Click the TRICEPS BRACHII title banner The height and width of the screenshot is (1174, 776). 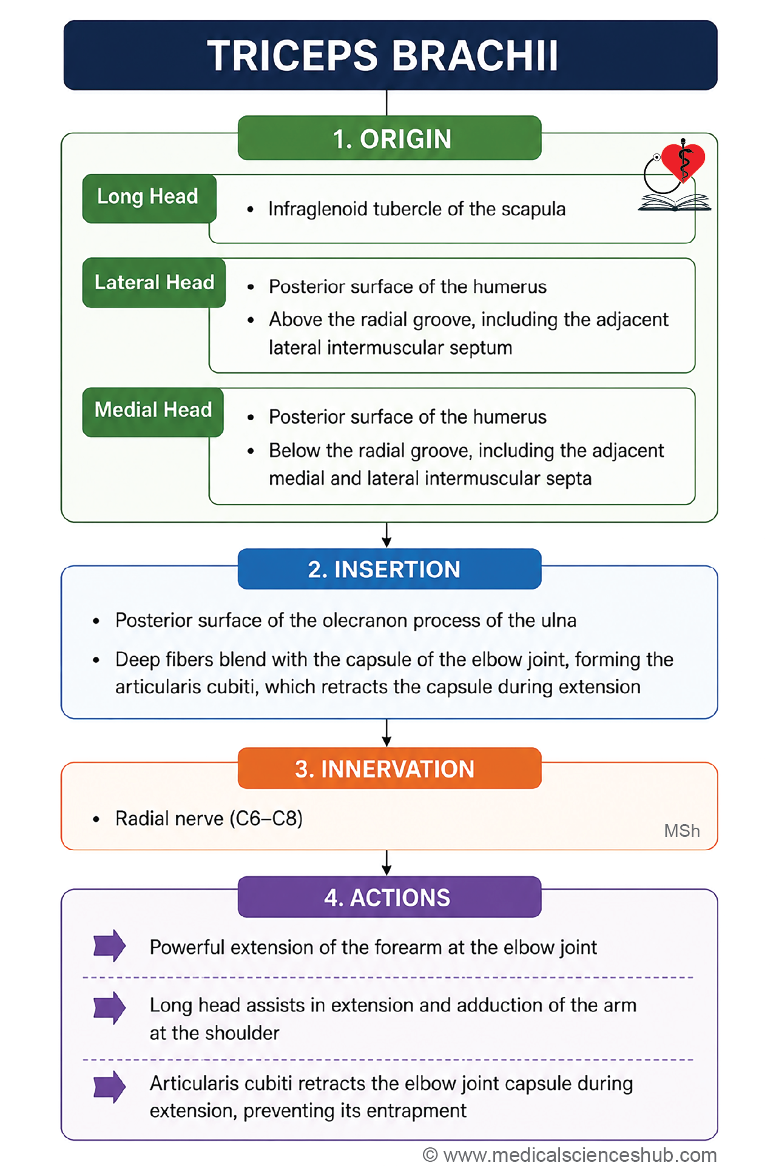pos(390,55)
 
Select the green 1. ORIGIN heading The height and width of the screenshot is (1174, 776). pos(390,138)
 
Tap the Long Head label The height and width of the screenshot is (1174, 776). pos(149,198)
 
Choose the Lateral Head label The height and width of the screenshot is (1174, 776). pos(154,283)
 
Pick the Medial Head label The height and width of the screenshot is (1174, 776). pos(153,412)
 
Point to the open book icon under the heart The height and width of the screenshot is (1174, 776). pos(674,203)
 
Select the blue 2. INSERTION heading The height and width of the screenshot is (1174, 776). pos(390,569)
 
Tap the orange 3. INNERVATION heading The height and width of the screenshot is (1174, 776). pos(390,768)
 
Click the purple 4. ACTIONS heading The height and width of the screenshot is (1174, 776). pos(390,897)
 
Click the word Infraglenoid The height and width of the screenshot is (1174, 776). pos(318,209)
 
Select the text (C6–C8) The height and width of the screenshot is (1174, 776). pos(266,819)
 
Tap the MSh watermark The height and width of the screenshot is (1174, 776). pos(682,831)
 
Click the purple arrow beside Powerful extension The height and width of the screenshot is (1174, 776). pos(109,945)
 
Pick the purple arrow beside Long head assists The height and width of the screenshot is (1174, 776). pos(109,1008)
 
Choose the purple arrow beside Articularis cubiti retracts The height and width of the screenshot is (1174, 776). pos(109,1086)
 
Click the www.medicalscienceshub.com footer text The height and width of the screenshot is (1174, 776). pos(580,1155)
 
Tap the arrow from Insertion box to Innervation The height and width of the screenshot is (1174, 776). pos(386,733)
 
